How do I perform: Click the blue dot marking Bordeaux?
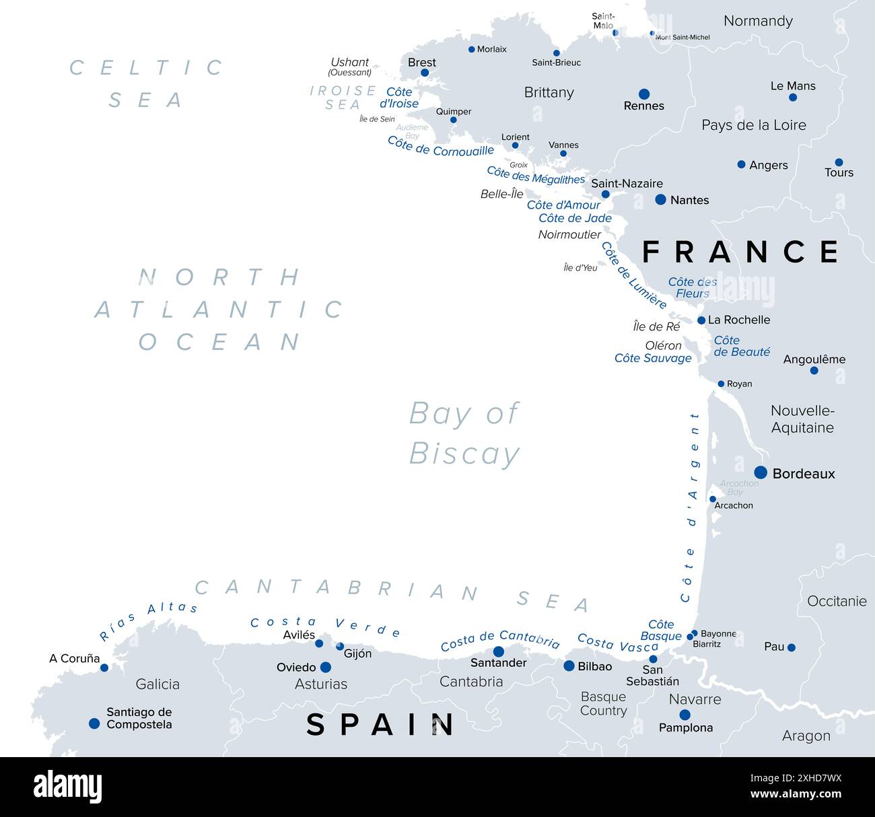click(761, 472)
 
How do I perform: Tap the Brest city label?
click(422, 63)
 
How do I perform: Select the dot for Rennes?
click(644, 94)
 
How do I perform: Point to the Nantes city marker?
click(660, 199)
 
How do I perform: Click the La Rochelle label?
click(739, 320)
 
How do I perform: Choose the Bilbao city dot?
click(569, 666)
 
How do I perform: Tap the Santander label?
click(498, 663)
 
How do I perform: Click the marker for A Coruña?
click(104, 668)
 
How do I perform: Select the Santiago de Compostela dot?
click(94, 723)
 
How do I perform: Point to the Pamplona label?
click(686, 727)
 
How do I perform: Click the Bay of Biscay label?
click(464, 433)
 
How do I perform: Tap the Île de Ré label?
click(657, 326)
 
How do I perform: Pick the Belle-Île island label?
click(502, 194)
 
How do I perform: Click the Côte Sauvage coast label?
click(653, 358)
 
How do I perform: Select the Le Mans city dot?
click(793, 98)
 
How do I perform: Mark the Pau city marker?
click(792, 647)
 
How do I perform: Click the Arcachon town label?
click(734, 505)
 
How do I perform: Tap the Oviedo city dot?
click(326, 667)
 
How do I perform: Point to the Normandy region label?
click(758, 21)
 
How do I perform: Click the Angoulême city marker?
click(814, 371)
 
